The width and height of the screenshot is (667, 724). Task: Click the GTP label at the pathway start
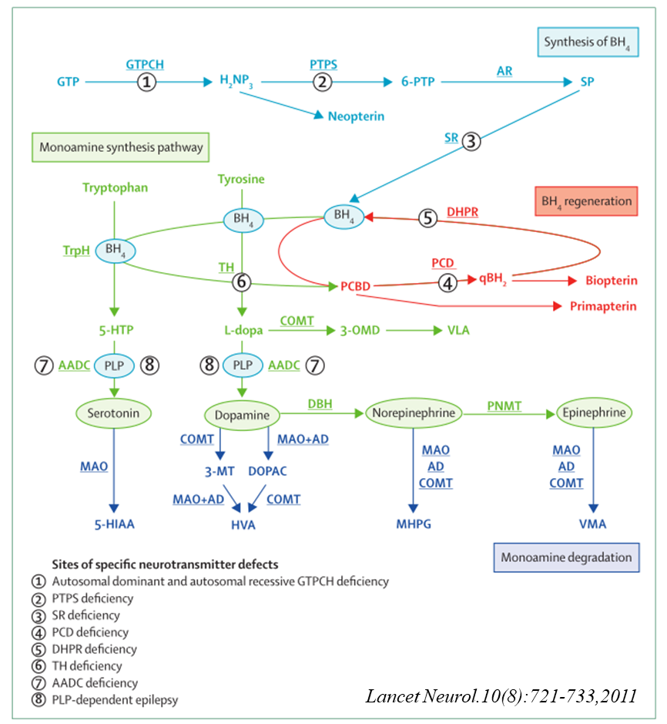tap(67, 81)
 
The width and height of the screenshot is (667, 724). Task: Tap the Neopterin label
tap(355, 116)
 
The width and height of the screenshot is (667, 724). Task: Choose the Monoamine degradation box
tap(565, 557)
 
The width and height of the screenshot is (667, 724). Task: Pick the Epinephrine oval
tap(594, 413)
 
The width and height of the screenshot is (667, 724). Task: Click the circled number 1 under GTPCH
tap(146, 81)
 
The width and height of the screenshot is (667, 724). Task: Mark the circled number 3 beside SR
tap(471, 140)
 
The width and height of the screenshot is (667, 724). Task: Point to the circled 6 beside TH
tap(242, 283)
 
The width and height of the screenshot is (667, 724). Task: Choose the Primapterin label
tap(603, 306)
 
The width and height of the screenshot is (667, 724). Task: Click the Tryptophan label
tap(115, 187)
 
